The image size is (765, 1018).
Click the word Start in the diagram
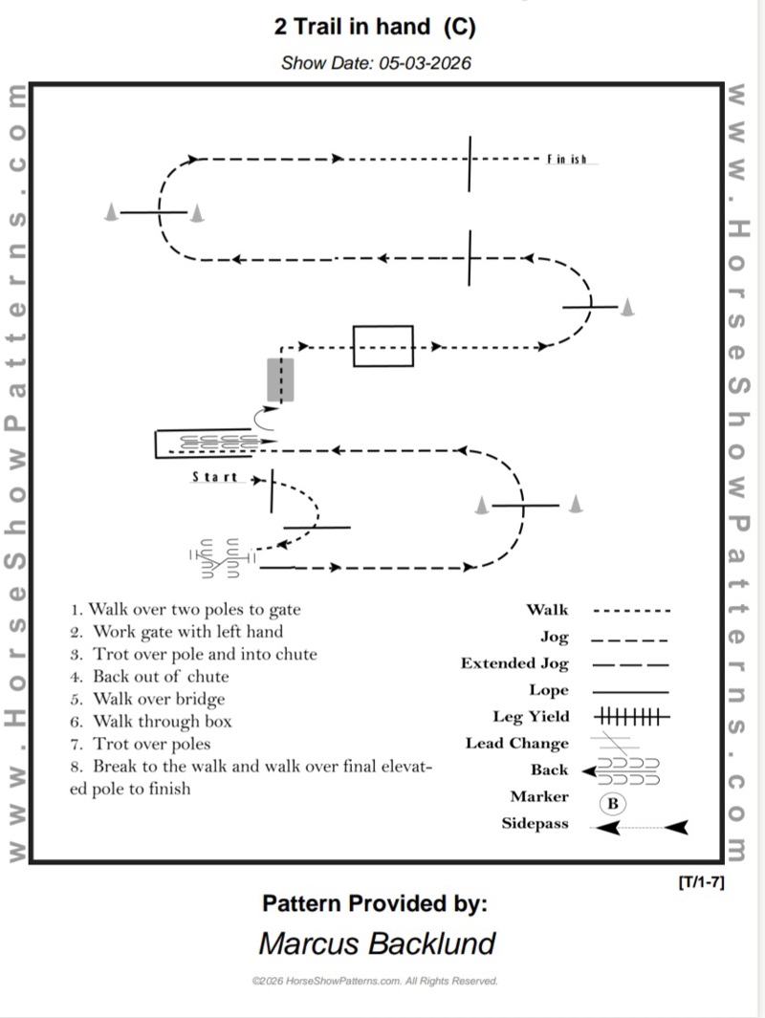pos(215,477)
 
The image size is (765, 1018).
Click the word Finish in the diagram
pos(567,160)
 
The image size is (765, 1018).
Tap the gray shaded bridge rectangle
pos(280,379)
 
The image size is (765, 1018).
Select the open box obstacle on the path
pos(382,346)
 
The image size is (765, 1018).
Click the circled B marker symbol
pos(612,804)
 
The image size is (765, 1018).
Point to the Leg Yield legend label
pos(531,716)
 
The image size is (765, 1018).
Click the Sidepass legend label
pos(535,824)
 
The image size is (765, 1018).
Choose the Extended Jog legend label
pos(514,663)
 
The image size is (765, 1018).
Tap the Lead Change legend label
pos(516,743)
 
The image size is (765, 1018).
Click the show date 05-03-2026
pos(376,64)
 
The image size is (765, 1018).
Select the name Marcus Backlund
pos(377,943)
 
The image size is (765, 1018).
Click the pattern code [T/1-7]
pos(700,881)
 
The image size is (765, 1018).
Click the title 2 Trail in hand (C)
pos(375,28)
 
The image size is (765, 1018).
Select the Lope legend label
pos(548,690)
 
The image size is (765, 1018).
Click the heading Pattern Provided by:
pos(375,903)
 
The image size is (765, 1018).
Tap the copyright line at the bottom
pos(375,981)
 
